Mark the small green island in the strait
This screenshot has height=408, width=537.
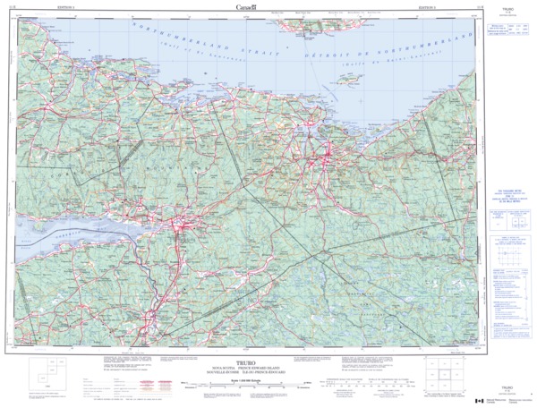348,81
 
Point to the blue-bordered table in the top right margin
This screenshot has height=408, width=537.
507,32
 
